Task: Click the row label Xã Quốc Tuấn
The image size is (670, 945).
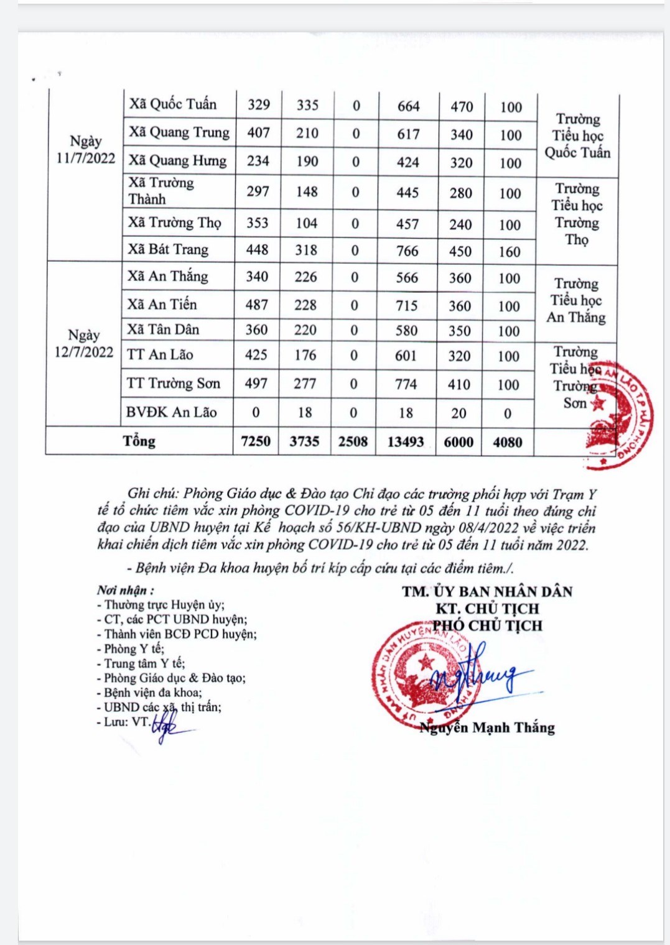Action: click(x=173, y=104)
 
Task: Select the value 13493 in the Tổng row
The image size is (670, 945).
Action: click(x=406, y=441)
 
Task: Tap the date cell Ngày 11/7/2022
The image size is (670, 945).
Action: click(x=86, y=150)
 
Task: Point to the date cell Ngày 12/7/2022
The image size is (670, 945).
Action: click(x=84, y=344)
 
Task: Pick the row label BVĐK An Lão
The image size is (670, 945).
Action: click(x=171, y=412)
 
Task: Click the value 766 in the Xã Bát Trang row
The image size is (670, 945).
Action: click(x=407, y=251)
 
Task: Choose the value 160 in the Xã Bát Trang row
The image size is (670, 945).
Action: click(x=509, y=252)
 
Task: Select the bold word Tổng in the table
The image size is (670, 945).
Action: click(x=139, y=441)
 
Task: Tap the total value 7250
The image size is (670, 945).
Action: click(x=256, y=441)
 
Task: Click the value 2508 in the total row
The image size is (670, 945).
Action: click(x=353, y=441)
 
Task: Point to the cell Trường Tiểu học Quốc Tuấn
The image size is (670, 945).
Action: click(x=577, y=136)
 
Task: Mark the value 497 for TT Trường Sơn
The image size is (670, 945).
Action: click(x=256, y=384)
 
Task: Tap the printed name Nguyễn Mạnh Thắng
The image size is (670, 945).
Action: click(x=487, y=727)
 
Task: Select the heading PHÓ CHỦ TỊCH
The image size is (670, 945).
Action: click(x=488, y=625)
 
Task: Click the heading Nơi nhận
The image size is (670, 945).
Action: click(x=125, y=590)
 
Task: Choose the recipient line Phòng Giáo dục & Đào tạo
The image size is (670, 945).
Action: click(x=174, y=678)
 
